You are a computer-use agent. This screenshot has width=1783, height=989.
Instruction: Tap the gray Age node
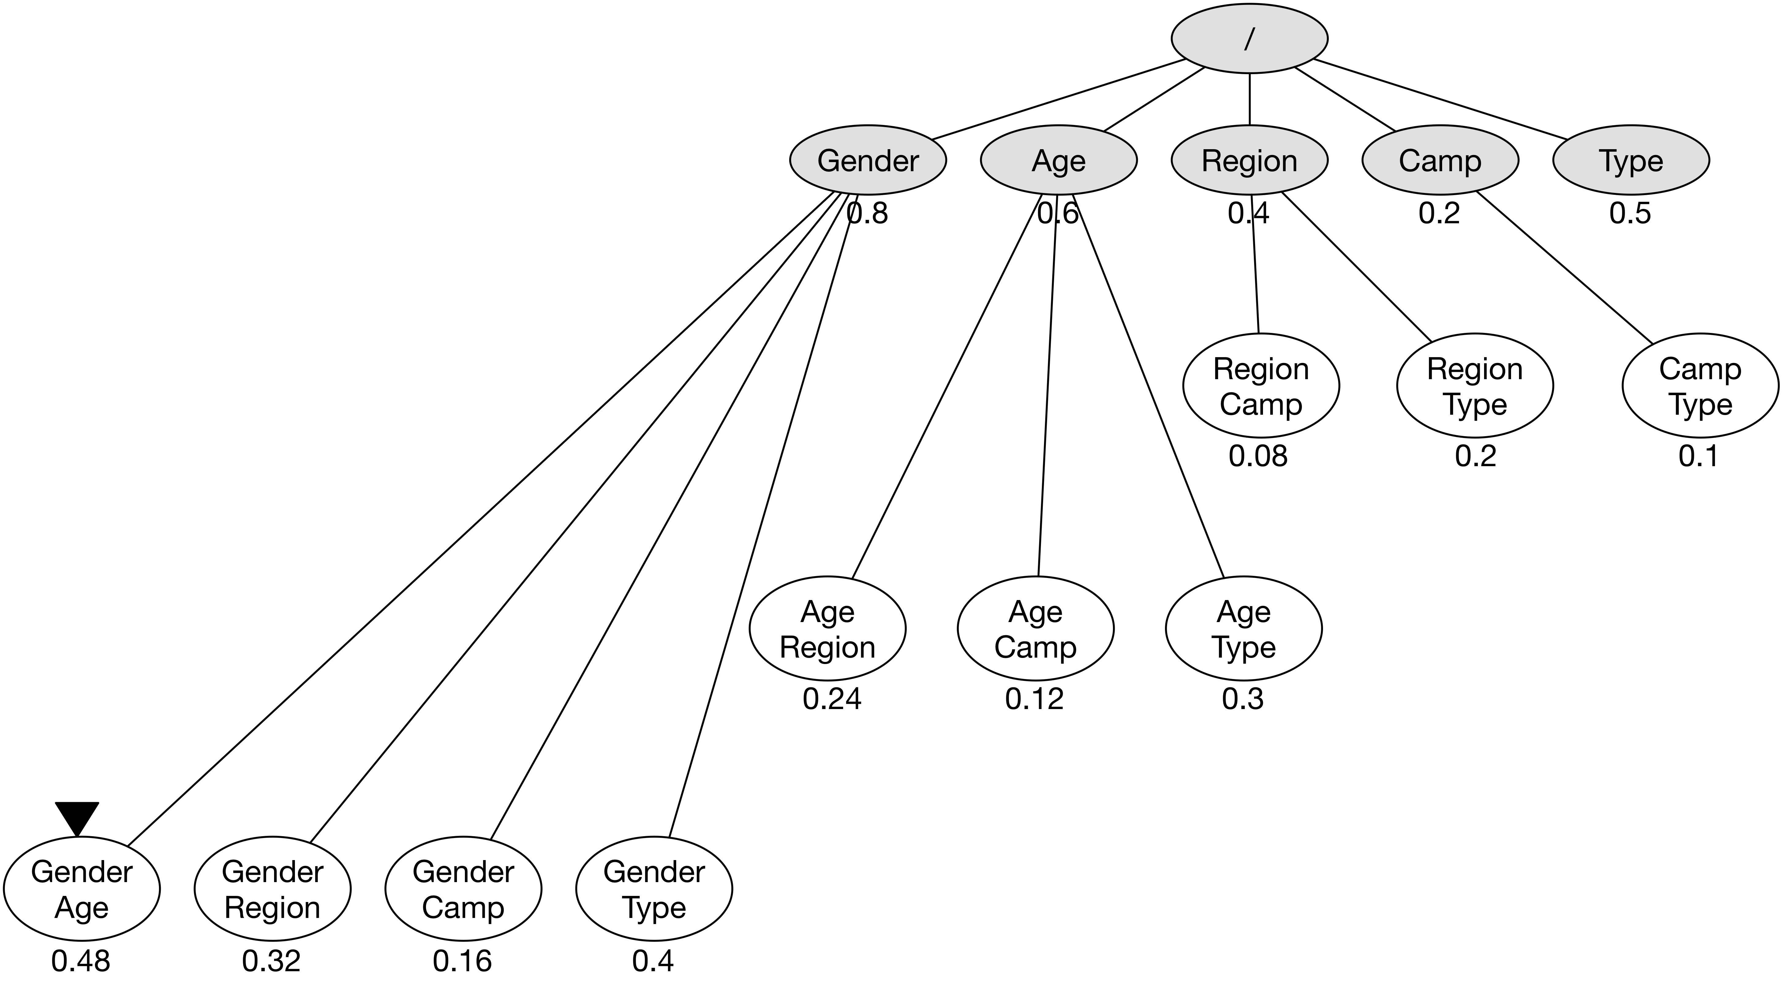1058,160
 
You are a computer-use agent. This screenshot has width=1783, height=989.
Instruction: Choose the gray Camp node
1440,160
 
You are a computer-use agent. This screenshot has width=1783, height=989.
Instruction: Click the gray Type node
1631,160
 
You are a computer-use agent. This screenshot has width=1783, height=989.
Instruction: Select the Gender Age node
82,889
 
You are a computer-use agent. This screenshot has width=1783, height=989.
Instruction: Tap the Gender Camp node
463,889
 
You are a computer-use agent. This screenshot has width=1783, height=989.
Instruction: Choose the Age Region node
827,629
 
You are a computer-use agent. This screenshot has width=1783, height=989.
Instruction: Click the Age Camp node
1035,629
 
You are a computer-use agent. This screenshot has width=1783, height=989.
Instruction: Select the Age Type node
1244,629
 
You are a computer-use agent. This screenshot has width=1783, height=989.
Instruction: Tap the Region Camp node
1261,386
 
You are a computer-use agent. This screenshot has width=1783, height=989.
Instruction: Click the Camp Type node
1700,386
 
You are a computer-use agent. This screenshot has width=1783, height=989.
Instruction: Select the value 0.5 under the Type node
1630,213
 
